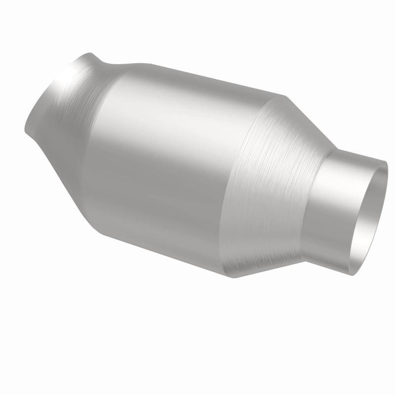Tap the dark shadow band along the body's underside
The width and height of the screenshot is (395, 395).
tap(163, 237)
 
